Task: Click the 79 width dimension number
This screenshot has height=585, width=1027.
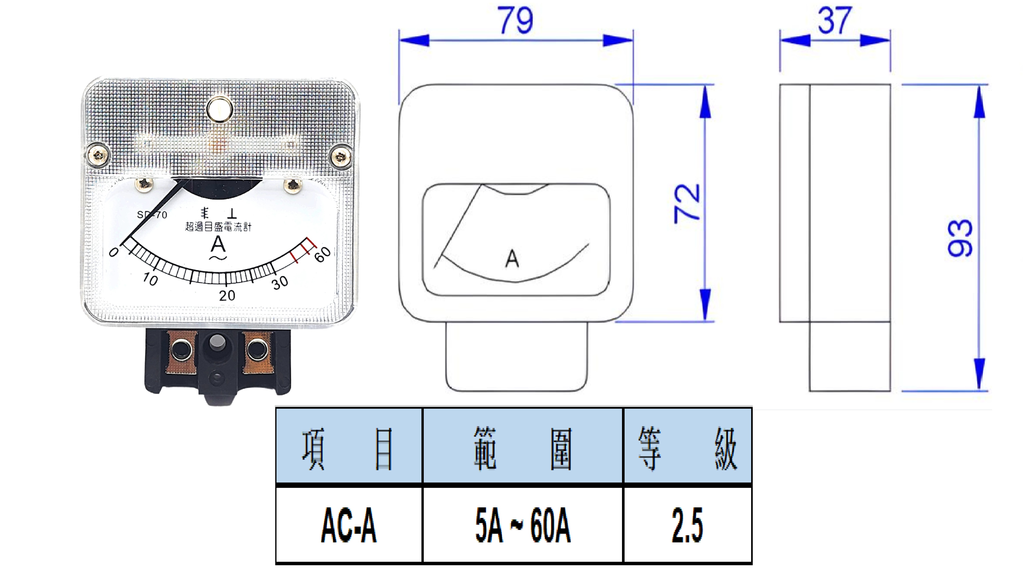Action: pos(515,21)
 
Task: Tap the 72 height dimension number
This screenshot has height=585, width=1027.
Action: pos(687,203)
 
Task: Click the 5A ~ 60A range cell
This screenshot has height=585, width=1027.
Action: pos(523,525)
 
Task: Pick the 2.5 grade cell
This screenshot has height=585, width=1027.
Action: pos(687,525)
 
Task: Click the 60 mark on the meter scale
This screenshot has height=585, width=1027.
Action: pos(322,254)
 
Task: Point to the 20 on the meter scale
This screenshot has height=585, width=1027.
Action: pos(227,296)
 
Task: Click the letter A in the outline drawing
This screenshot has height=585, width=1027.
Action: pos(512,259)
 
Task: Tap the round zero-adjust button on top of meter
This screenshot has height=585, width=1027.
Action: pos(219,109)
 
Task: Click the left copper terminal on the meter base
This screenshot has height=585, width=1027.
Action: pos(181,351)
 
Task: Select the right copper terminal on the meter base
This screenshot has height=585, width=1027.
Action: pos(257,351)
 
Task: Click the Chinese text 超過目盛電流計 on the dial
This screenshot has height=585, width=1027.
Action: pos(218,227)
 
